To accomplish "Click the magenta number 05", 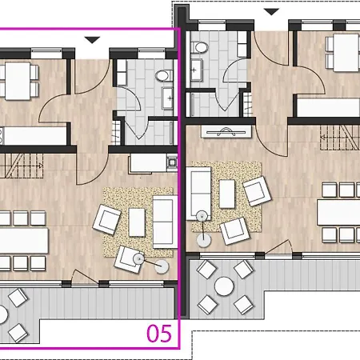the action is pos(159,334).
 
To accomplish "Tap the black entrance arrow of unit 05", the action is pos(92,40).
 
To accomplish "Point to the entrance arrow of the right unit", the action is pos(271,11).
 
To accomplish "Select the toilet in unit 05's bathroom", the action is pos(164,75).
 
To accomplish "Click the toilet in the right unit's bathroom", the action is pos(200,47).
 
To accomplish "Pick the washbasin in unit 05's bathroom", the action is pos(168,98).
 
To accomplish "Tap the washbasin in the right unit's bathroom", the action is pos(196,70).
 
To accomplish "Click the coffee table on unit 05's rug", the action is pos(137,222).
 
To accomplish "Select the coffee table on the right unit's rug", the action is pos(227,194).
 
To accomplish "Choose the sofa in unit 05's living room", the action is pos(165,222).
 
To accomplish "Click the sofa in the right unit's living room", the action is pos(198,194).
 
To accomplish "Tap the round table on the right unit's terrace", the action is pos(224,286).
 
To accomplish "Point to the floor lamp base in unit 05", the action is pos(162,266).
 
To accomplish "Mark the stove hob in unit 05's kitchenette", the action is pos(172,162).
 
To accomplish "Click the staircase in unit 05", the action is pos(22,166).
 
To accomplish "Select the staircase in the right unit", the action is pos(340,137).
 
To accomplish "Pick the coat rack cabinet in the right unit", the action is pos(226,132).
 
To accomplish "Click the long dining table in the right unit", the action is pos(338,212).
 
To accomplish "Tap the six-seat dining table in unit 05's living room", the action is pos(24,240).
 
